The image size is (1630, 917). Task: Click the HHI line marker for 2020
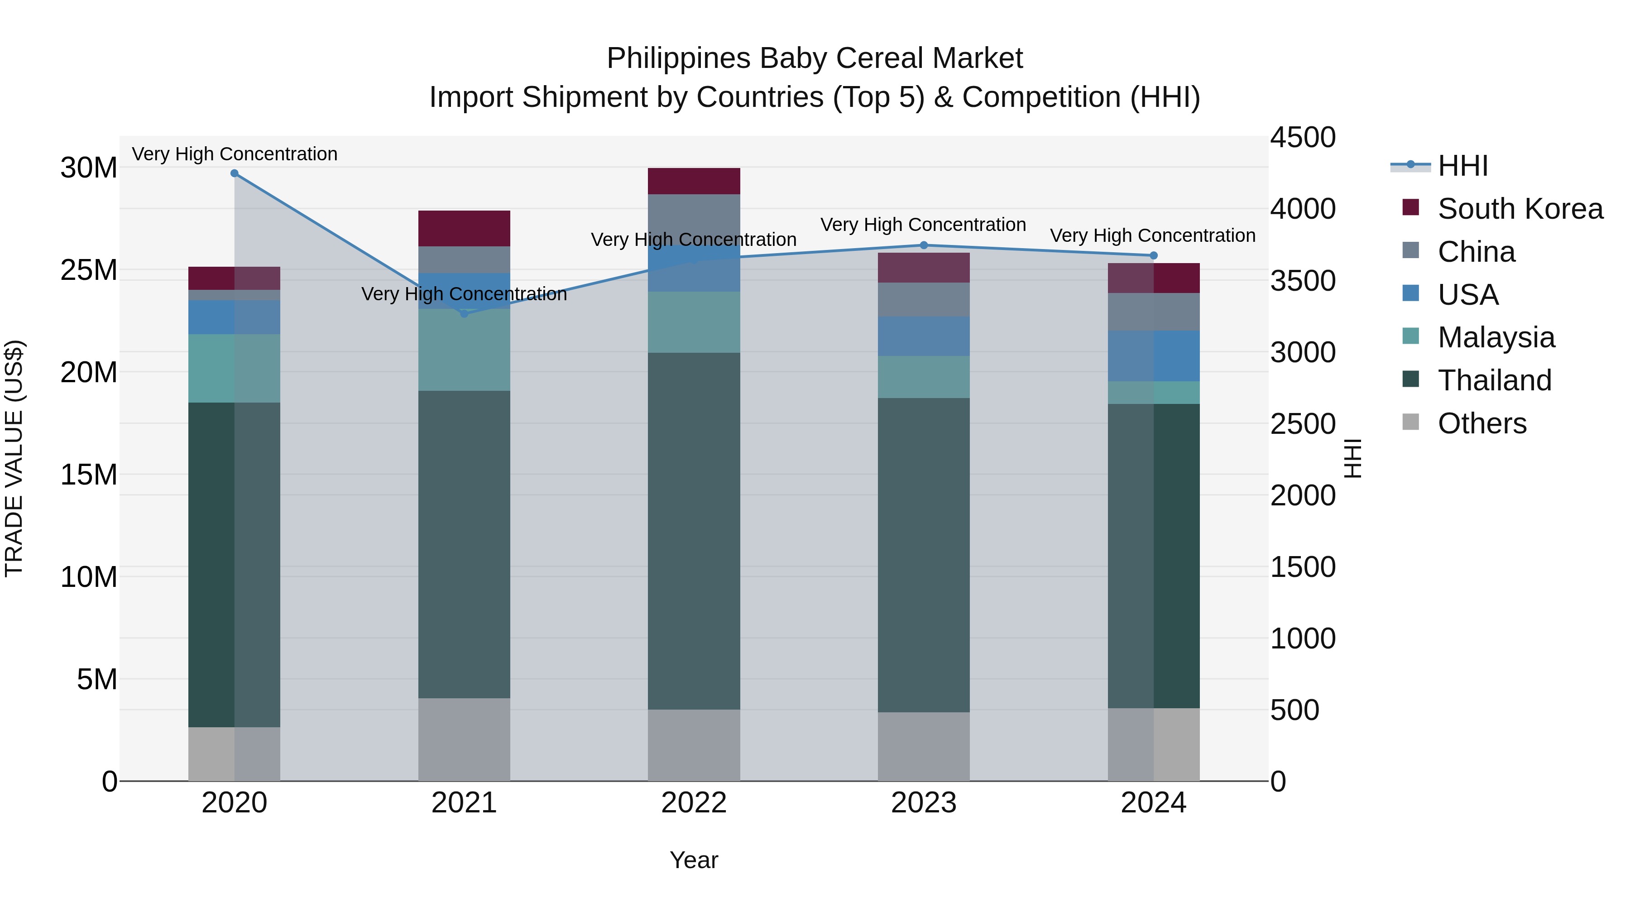point(234,173)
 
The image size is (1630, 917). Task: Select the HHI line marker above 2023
point(923,245)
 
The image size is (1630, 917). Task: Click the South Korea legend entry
point(1520,209)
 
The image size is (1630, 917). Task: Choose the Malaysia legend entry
point(1496,337)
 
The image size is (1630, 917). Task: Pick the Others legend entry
point(1481,423)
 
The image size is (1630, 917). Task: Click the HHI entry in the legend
point(1462,166)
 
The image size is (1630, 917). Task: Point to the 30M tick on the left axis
point(89,168)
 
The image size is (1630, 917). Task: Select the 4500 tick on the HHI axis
point(1303,138)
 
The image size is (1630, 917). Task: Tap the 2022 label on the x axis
point(694,803)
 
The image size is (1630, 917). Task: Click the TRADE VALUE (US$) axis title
point(14,458)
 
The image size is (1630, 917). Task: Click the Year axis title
point(694,860)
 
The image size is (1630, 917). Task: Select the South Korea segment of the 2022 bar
point(694,181)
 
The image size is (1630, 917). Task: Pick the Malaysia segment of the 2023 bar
point(923,377)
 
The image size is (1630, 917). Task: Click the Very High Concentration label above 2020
point(235,154)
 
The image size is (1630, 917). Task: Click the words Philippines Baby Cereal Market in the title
point(815,58)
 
